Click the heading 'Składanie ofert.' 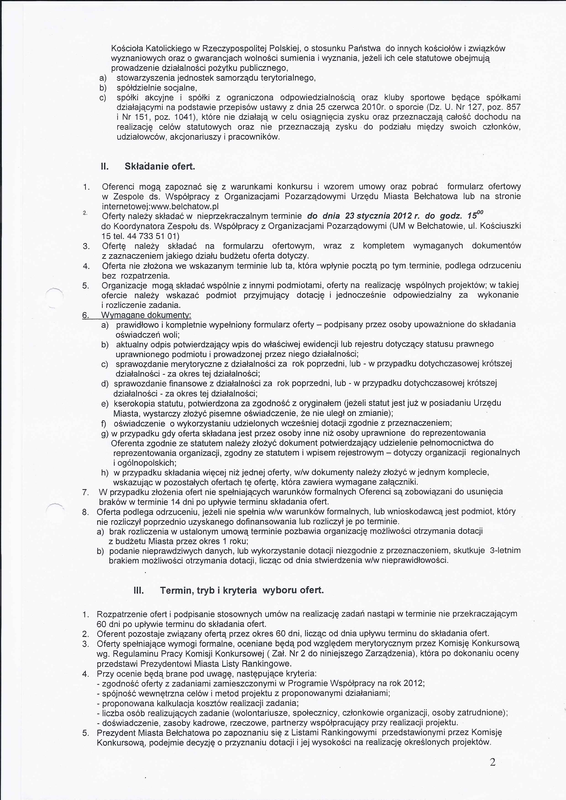click(x=160, y=166)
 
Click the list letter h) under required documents click(x=105, y=473)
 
